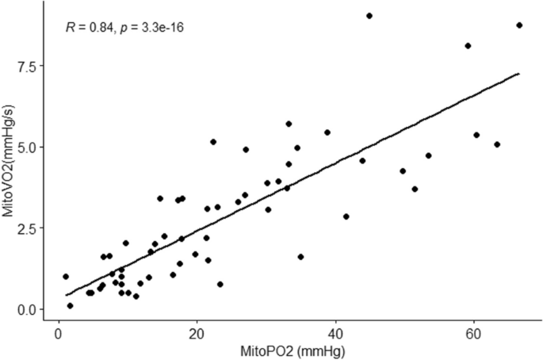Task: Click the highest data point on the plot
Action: click(x=369, y=16)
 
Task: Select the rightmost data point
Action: click(x=519, y=25)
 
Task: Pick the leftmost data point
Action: click(x=66, y=277)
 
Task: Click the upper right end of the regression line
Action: click(x=519, y=74)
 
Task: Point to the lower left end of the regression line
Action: click(x=66, y=296)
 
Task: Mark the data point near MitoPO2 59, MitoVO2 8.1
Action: click(x=468, y=46)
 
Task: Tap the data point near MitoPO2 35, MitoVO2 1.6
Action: click(x=300, y=257)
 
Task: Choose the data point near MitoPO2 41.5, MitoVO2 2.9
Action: click(x=346, y=216)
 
